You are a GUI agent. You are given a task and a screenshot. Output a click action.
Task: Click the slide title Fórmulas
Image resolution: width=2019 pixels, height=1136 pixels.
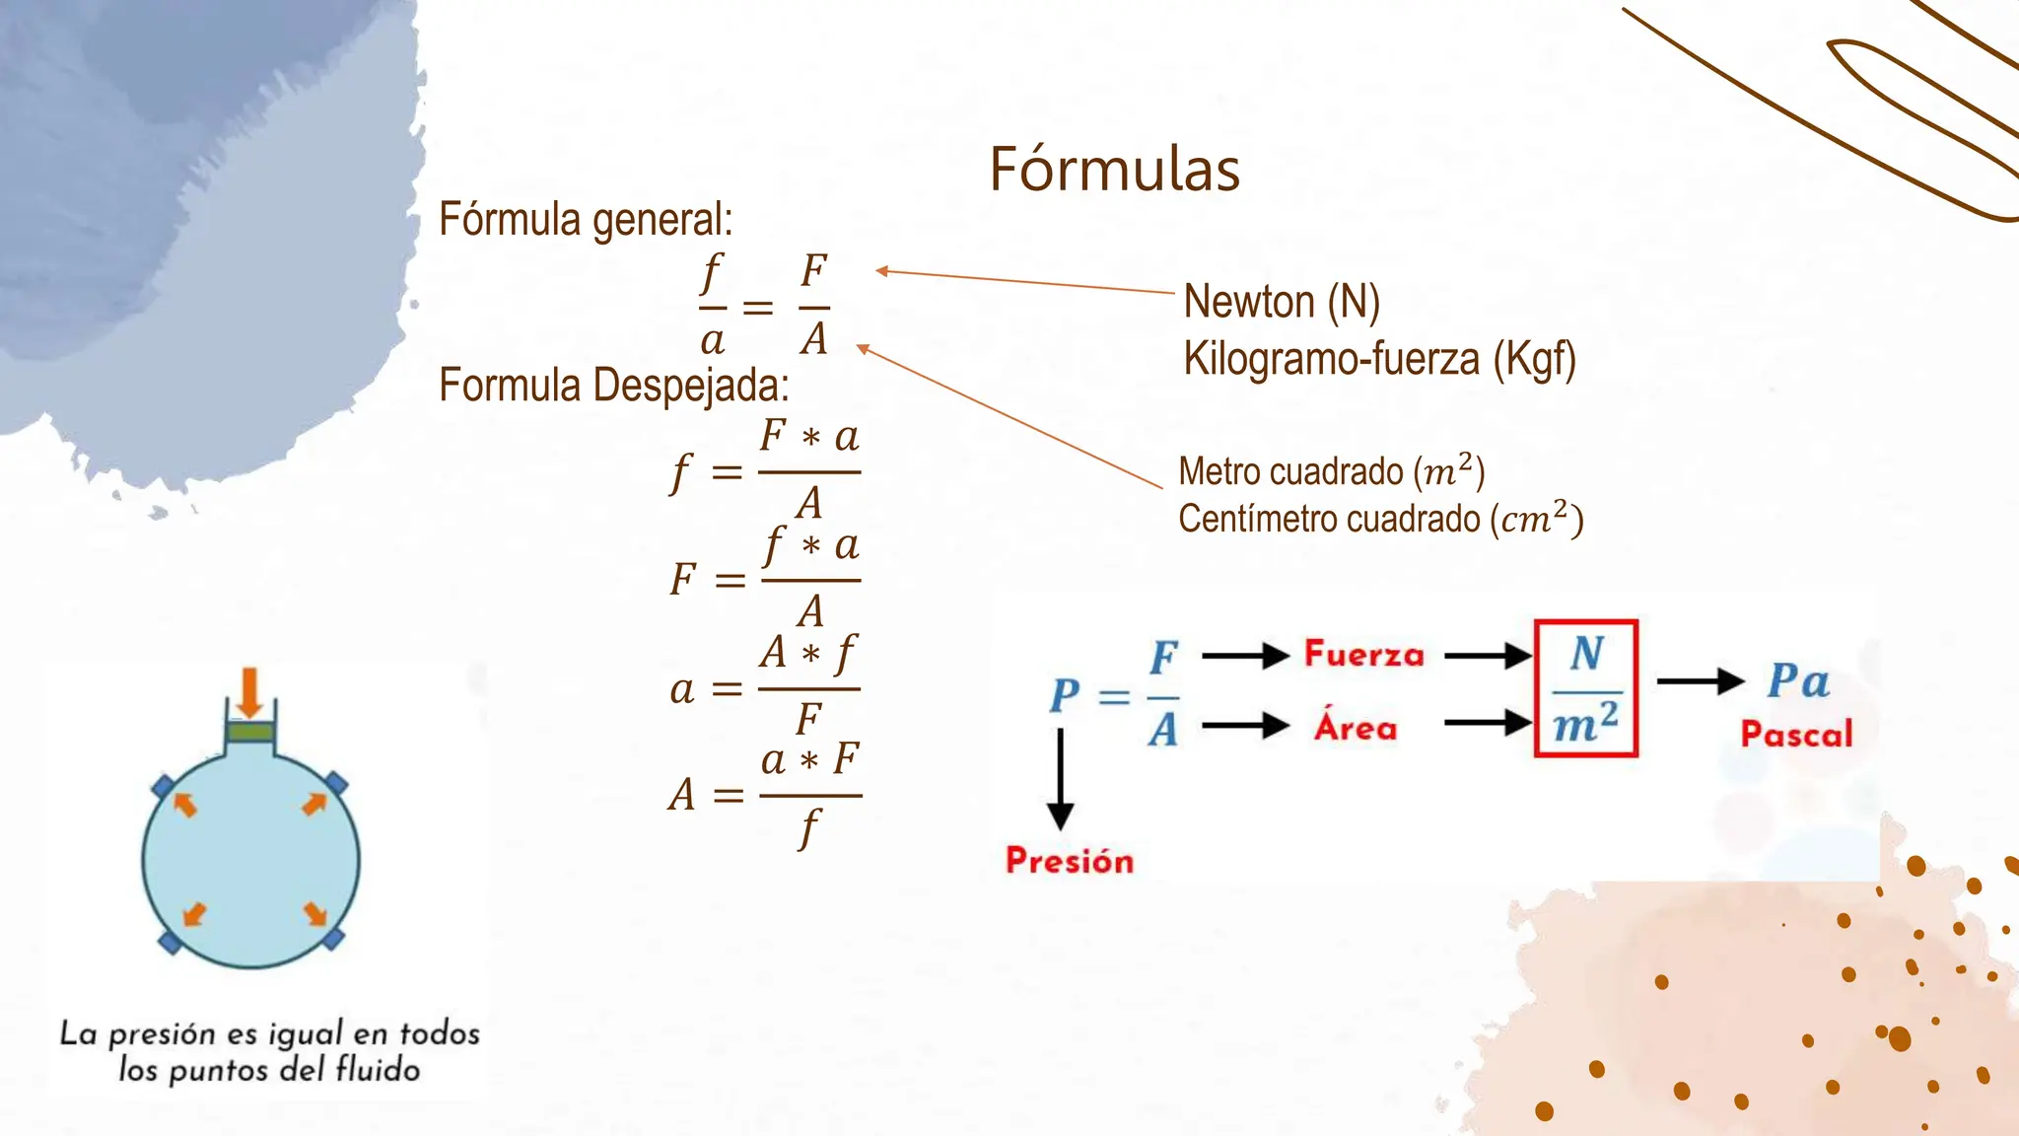(x=1114, y=169)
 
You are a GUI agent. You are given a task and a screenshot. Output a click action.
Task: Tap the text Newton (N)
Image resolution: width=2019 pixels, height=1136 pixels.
(x=1282, y=302)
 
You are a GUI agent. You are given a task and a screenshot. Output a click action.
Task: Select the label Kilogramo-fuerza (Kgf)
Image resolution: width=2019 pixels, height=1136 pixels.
(x=1380, y=359)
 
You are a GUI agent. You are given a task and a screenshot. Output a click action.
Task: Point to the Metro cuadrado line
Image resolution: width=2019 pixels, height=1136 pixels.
(x=1332, y=471)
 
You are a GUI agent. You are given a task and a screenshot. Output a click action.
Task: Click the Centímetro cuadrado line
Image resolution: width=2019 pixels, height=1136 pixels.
(x=1381, y=519)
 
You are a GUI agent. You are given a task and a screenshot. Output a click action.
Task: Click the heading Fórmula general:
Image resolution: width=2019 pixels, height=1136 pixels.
(x=586, y=220)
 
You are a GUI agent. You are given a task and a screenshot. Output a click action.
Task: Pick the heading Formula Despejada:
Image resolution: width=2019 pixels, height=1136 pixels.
(x=614, y=385)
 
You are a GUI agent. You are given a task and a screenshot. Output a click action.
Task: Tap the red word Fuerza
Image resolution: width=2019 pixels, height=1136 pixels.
(x=1364, y=654)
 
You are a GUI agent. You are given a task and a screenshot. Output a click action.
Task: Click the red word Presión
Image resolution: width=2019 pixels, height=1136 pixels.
(x=1070, y=861)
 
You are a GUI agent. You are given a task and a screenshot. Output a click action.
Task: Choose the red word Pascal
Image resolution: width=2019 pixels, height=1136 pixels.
(x=1796, y=734)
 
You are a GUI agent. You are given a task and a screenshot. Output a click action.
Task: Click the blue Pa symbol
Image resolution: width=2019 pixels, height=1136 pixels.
(x=1798, y=680)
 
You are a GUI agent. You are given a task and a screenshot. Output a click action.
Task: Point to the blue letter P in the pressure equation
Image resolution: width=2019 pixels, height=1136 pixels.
(x=1065, y=696)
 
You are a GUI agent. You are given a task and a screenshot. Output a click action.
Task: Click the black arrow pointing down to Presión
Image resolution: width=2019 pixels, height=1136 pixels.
(x=1060, y=779)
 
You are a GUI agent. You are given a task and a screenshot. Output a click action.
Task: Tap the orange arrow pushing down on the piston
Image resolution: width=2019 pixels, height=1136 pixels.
(x=249, y=692)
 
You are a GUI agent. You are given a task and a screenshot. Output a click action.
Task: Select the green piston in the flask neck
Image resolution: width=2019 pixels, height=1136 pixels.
(x=250, y=732)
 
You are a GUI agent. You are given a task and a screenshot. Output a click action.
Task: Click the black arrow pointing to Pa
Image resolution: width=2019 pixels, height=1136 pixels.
(x=1702, y=680)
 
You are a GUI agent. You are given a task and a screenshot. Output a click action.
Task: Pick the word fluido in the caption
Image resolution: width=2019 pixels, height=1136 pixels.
(x=379, y=1069)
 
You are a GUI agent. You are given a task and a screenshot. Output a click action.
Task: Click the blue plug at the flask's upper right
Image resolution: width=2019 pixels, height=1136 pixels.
(x=335, y=784)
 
